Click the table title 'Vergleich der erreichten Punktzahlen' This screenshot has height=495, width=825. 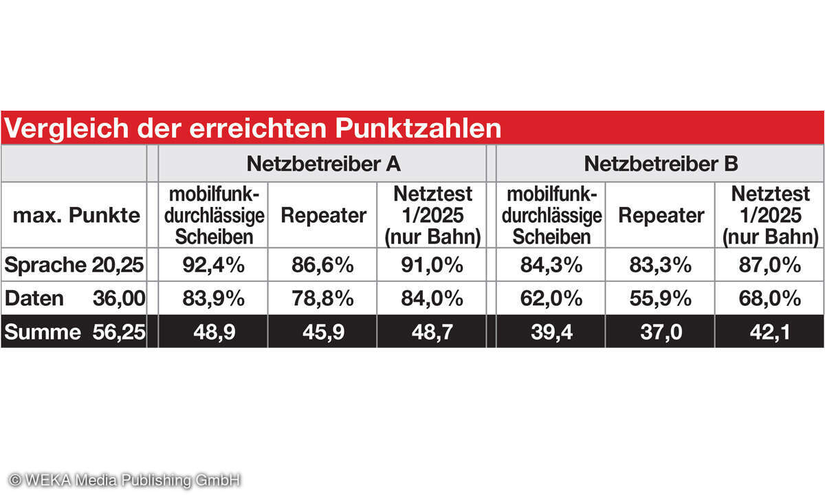(x=253, y=129)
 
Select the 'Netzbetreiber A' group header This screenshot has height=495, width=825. (x=323, y=164)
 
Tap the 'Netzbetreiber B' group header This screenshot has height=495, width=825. (x=661, y=164)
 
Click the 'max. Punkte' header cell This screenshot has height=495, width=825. (x=76, y=215)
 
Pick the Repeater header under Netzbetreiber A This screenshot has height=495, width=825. (x=323, y=215)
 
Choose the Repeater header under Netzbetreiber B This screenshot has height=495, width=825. (x=661, y=215)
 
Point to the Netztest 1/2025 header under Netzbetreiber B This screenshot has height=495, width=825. (x=770, y=215)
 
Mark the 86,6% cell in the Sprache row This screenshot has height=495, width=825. (x=323, y=265)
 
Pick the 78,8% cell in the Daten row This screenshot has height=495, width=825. (x=323, y=298)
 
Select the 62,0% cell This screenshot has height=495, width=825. (x=551, y=298)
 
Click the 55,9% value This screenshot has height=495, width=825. (x=661, y=298)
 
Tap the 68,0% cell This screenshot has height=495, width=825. (x=770, y=298)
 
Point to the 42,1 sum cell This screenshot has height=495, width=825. (x=770, y=332)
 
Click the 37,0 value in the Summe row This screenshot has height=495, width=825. (x=661, y=332)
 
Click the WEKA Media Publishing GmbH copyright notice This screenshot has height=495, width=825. (x=124, y=480)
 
